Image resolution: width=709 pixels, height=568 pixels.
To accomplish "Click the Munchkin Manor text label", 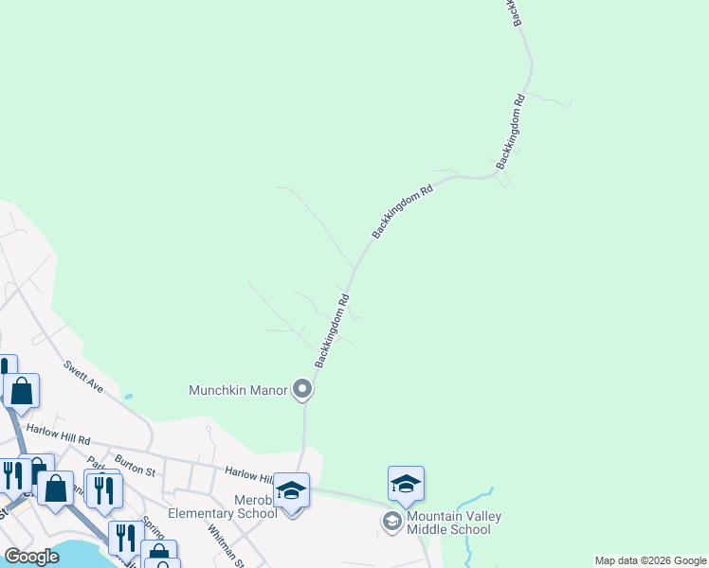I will (238, 389).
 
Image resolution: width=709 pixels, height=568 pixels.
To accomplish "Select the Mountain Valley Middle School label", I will (454, 523).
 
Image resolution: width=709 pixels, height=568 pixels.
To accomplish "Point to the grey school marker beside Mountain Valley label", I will (391, 522).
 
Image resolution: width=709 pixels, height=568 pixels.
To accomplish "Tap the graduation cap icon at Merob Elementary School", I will (291, 490).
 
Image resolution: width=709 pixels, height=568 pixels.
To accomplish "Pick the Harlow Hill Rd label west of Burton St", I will (58, 435).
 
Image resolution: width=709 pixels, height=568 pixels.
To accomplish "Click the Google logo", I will (32, 557).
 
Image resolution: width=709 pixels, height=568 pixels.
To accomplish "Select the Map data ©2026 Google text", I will (650, 560).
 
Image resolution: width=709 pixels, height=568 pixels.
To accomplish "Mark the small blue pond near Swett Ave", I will (128, 397).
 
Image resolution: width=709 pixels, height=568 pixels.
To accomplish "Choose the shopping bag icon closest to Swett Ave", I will (21, 391).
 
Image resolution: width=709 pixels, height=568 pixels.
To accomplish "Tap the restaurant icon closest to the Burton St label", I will (102, 489).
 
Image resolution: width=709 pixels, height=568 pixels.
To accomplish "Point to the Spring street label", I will (152, 526).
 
